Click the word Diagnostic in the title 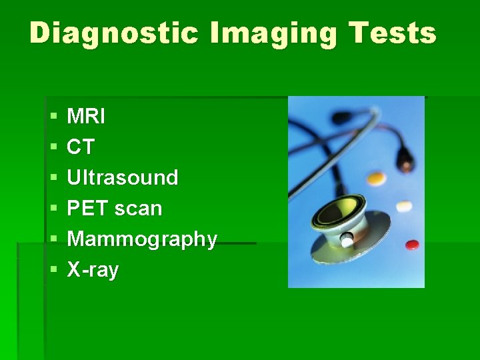coord(114,33)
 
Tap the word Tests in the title coord(397,33)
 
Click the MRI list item coord(86,117)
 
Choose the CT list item coord(81,147)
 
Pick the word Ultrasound coord(123,178)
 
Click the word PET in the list coord(88,209)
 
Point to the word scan coord(138,209)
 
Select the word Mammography coord(142,239)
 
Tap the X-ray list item coord(93,270)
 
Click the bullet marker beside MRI coord(53,117)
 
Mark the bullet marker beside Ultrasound coord(53,179)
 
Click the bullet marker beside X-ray coord(53,271)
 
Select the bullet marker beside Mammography coord(53,240)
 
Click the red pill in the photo coord(413,245)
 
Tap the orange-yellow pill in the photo coord(377,179)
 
